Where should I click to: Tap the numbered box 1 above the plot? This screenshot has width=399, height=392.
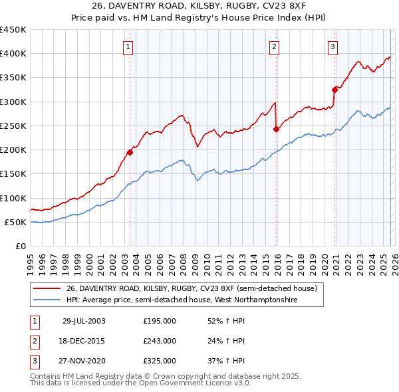[x=128, y=47]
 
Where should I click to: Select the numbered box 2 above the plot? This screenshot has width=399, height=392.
[x=274, y=47]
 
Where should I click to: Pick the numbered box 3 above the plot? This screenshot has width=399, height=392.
[x=332, y=47]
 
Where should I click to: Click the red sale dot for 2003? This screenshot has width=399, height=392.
[x=130, y=152]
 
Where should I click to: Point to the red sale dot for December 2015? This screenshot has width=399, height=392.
[x=276, y=130]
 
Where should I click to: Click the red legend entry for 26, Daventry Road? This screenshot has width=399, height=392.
[x=193, y=288]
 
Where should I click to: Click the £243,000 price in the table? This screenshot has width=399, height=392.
[x=160, y=341]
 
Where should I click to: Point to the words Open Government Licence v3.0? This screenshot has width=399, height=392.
[x=194, y=384]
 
